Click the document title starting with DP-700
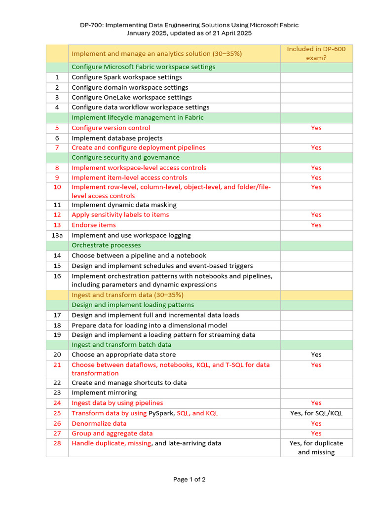189,25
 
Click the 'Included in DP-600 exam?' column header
316,53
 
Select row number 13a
57,236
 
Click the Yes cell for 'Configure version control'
316,128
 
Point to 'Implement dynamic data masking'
124,205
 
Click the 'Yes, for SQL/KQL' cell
316,413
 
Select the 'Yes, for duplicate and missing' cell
316,448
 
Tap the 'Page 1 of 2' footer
189,479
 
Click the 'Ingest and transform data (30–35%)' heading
127,295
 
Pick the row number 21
57,365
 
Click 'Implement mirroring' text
104,393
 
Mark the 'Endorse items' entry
94,225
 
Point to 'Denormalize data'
99,424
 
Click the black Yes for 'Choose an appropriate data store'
316,355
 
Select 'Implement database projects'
117,138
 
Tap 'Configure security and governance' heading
125,157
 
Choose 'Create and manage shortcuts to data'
129,383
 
